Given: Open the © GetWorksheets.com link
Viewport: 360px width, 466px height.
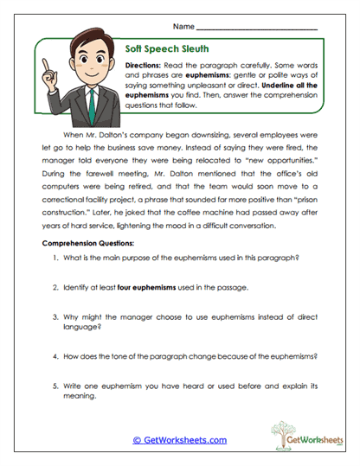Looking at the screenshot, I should pos(179,440).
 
